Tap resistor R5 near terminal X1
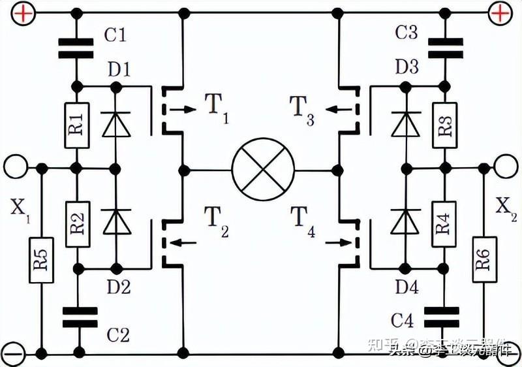click(x=41, y=261)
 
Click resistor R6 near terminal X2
click(x=482, y=261)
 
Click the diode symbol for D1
click(x=116, y=125)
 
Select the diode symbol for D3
click(x=406, y=125)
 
